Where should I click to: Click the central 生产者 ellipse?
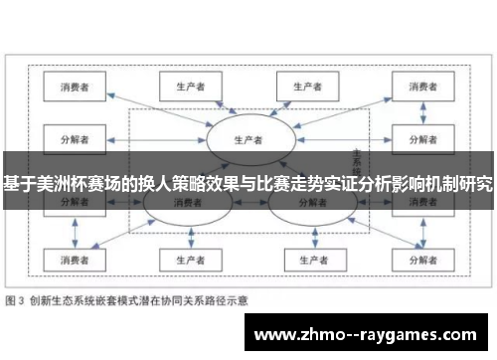click(x=247, y=138)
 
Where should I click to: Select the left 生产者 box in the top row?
click(x=188, y=86)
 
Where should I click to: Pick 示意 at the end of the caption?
click(x=238, y=297)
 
